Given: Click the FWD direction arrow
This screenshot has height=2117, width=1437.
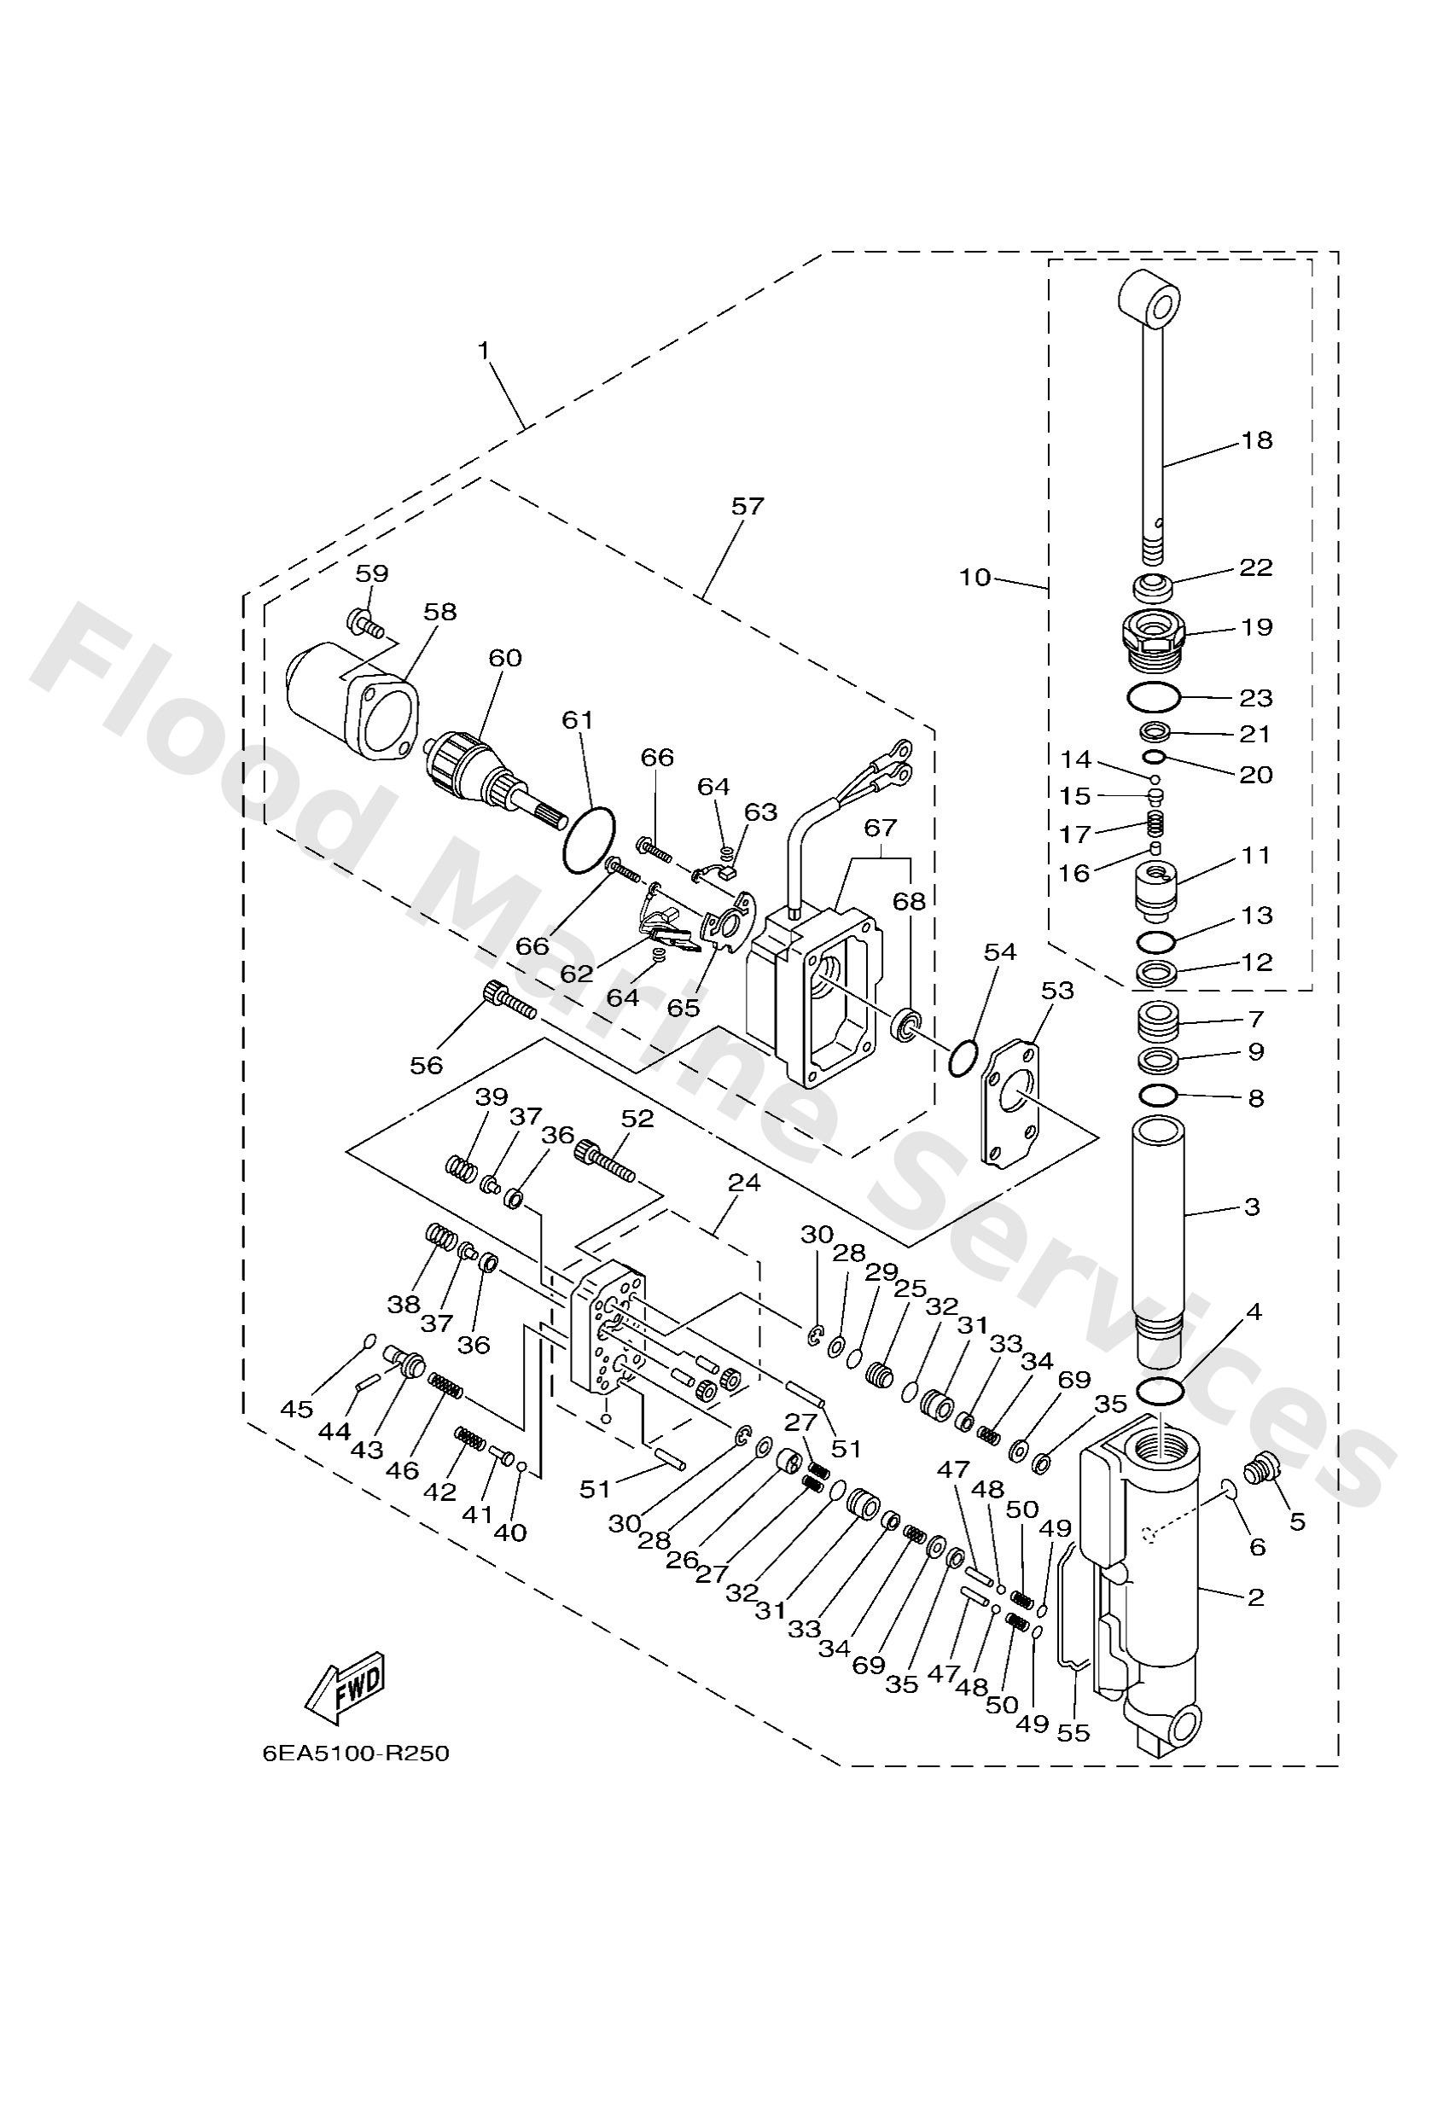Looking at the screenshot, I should tap(346, 1685).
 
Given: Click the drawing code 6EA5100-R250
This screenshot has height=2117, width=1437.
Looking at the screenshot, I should tap(355, 1754).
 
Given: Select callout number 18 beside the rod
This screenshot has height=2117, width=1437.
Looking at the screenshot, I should tap(1257, 440).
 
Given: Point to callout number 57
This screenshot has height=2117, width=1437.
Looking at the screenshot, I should tap(748, 507).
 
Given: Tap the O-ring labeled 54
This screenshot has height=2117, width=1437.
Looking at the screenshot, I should tap(963, 1061).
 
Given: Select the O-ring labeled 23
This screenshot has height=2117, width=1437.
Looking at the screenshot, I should tap(1154, 698).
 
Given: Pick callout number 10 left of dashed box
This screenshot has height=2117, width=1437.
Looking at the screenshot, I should tap(975, 578).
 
